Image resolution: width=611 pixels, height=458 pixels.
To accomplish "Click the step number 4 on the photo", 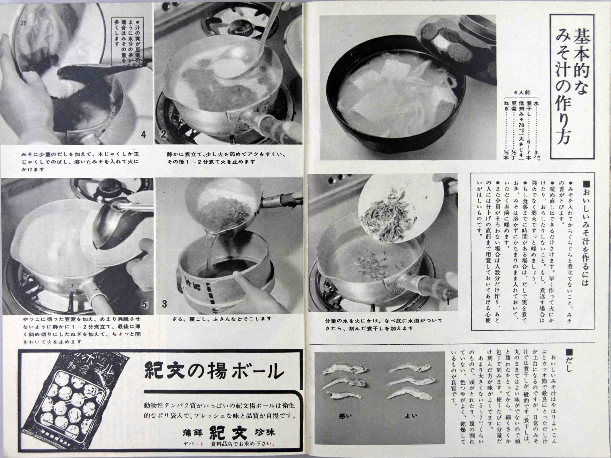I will pos(143,135).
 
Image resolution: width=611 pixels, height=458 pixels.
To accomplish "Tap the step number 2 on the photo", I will pos(163,135).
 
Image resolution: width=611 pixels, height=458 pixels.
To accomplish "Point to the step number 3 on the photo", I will pos(165,304).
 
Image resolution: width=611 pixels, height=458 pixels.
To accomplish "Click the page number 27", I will pos(23,23).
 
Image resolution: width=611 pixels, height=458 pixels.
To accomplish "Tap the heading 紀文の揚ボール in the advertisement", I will pos(214,371).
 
